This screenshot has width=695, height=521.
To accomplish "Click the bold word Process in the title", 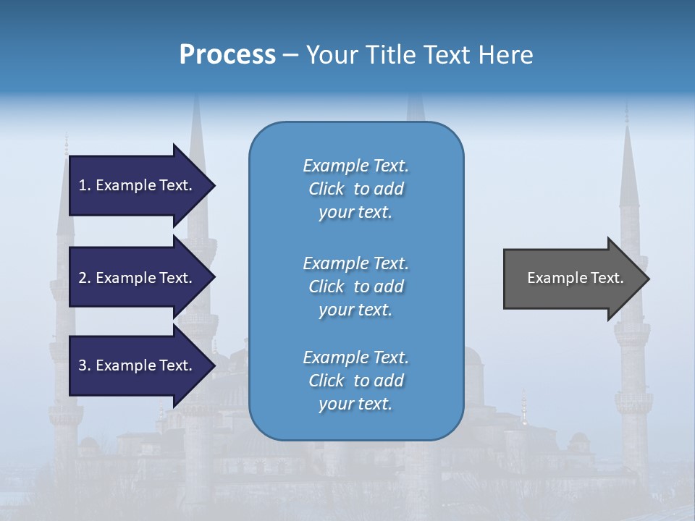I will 227,55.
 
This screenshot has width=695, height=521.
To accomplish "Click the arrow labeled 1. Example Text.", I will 138,185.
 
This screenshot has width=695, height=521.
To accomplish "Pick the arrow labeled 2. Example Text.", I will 138,278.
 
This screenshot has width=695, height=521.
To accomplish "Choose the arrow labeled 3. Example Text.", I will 138,365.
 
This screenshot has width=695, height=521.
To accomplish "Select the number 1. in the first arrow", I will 85,185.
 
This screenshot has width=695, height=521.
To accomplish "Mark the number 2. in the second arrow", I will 85,278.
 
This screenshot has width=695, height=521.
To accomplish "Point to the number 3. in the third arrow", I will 85,365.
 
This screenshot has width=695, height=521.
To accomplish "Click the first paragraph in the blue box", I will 355,189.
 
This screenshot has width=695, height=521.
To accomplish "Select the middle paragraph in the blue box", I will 355,287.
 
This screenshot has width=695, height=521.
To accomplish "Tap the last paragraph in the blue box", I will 355,381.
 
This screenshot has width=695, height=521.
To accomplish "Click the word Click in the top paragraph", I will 326,189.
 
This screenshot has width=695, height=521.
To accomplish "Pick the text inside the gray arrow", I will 575,278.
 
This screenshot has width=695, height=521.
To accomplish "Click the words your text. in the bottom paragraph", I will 355,404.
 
